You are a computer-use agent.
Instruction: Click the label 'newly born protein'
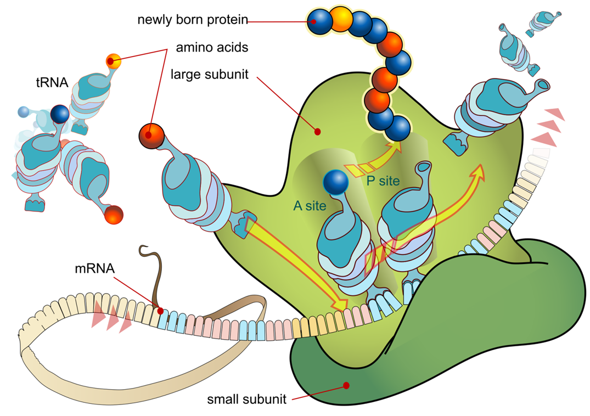tap(192, 20)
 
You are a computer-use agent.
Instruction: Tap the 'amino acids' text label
tap(211, 48)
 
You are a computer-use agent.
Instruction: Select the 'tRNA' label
tap(49, 83)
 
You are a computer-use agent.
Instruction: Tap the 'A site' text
tap(310, 206)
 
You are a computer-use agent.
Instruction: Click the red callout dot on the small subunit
tap(346, 385)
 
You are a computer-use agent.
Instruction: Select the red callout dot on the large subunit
tap(317, 132)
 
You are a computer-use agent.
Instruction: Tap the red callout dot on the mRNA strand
tap(160, 311)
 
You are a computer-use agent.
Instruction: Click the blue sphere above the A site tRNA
tap(335, 182)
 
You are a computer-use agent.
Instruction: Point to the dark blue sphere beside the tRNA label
tap(59, 114)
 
